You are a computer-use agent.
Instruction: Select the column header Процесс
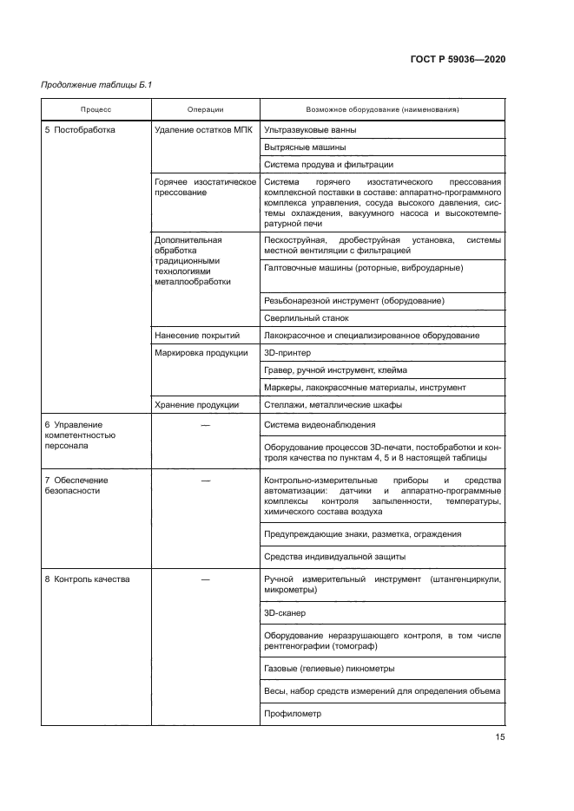tap(96, 109)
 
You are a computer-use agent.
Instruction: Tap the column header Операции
tap(205, 109)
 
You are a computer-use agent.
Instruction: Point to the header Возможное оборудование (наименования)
tap(382, 109)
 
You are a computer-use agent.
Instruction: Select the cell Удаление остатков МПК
tap(203, 130)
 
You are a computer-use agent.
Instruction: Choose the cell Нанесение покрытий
tap(197, 335)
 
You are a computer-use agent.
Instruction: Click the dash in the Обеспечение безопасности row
tap(205, 480)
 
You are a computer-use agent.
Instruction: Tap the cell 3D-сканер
tap(285, 612)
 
